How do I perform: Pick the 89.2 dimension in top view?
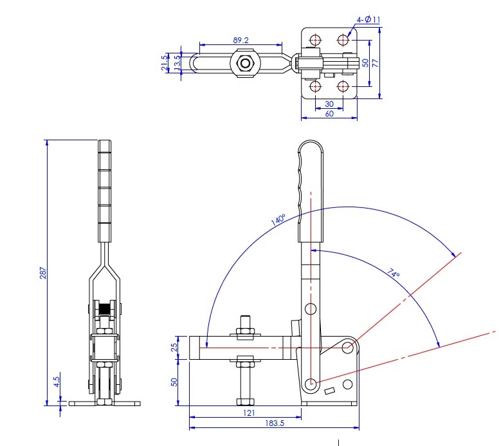click(240, 40)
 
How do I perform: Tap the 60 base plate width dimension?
click(329, 114)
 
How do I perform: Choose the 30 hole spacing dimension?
click(329, 104)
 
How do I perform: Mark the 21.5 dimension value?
click(165, 63)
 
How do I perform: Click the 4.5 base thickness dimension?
click(57, 382)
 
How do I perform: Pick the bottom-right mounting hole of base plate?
click(343, 86)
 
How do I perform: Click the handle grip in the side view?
click(311, 187)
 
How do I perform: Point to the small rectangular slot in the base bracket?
click(331, 391)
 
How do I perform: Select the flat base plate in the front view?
click(104, 404)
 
